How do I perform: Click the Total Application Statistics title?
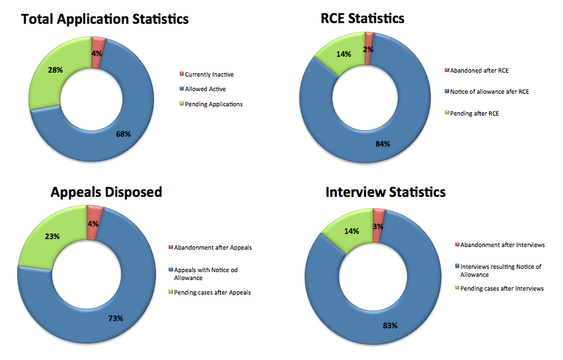105,19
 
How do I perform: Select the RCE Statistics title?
358,18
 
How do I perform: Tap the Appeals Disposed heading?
106,192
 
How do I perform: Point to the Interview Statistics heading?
385,192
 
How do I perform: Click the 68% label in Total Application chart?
124,134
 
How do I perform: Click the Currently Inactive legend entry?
209,75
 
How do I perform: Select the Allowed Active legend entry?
206,89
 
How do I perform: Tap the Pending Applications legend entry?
213,104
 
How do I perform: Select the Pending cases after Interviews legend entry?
502,288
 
